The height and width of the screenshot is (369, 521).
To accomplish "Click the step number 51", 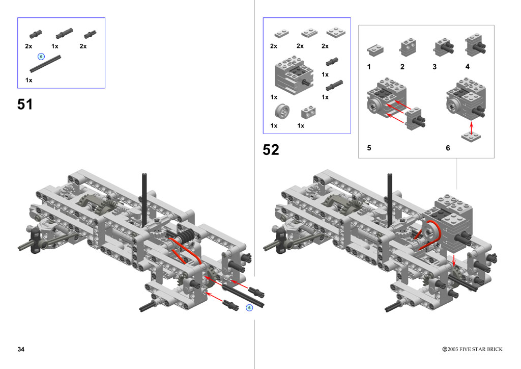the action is click(25, 104).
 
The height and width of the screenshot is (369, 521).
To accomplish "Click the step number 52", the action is click(271, 150).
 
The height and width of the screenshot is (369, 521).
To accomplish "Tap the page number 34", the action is click(21, 349).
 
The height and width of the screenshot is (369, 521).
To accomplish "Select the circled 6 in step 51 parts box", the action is click(41, 57).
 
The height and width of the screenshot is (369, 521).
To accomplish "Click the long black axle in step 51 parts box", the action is click(45, 64).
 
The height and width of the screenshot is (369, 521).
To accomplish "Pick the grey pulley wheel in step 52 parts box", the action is click(282, 111).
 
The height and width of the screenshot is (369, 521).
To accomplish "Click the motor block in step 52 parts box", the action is click(294, 75).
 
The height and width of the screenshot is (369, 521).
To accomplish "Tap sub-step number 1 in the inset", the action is click(369, 67).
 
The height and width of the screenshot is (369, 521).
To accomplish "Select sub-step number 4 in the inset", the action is click(468, 67).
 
